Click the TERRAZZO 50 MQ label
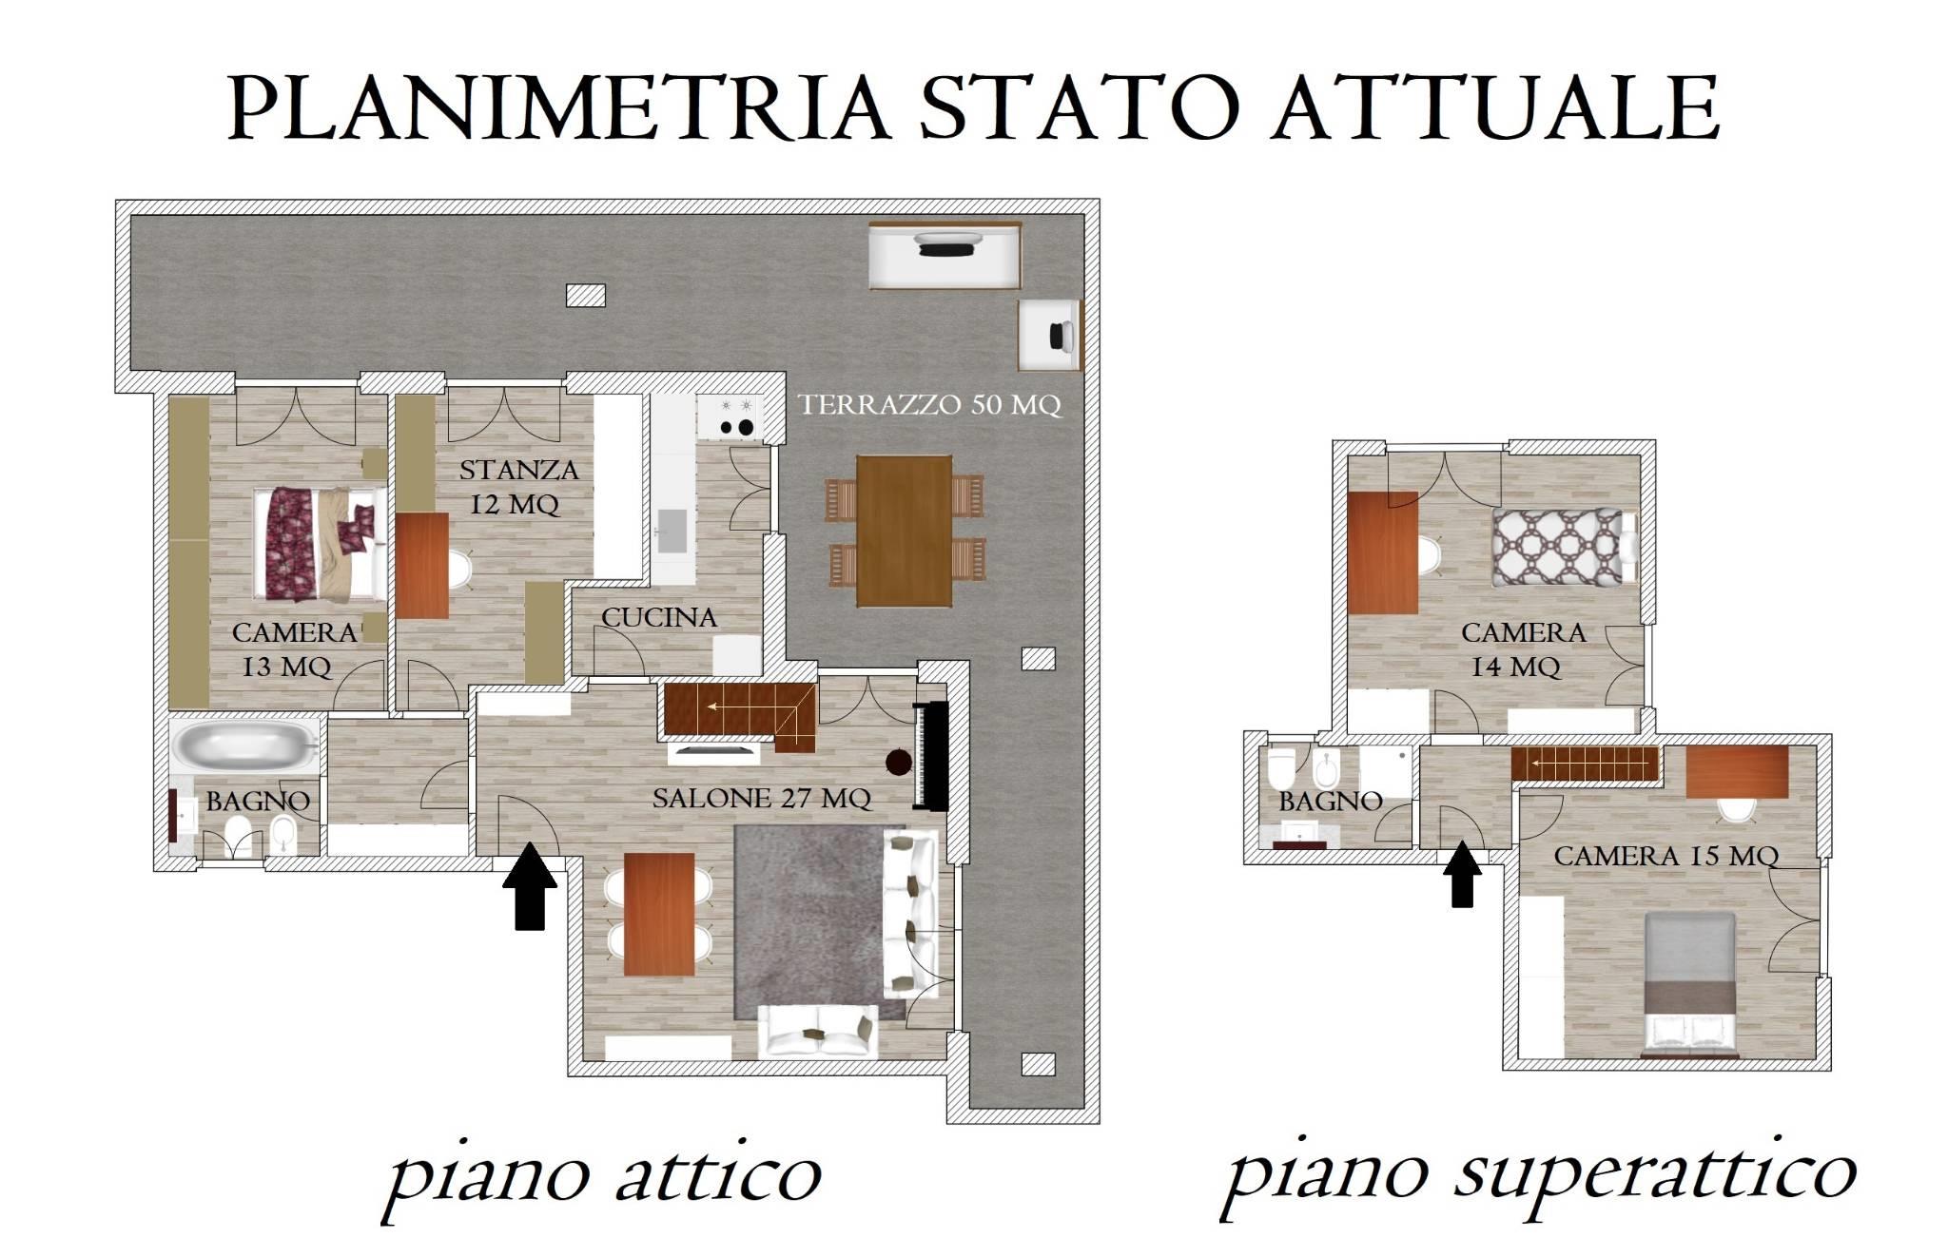[929, 405]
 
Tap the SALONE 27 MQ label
[762, 798]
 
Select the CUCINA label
[658, 617]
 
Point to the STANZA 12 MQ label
[518, 487]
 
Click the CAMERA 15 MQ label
[1666, 856]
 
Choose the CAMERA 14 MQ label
[1523, 649]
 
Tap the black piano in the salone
[930, 757]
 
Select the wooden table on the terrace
[904, 531]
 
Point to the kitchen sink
[673, 531]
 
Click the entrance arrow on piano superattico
[1462, 875]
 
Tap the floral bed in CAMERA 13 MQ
[321, 545]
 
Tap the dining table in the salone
[658, 914]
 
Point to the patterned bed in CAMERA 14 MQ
[1557, 546]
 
